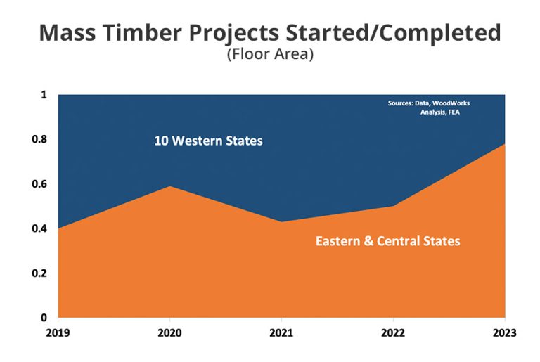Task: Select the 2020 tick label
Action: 169,332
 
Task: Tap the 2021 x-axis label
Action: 281,332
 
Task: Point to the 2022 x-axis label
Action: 393,332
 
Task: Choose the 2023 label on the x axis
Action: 504,332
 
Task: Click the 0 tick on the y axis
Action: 44,318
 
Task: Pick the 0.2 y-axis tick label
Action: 39,273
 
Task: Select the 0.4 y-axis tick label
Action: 39,228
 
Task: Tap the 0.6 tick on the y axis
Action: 39,184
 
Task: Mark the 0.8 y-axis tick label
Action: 39,139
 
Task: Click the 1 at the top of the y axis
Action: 44,95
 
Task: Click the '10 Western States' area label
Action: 208,141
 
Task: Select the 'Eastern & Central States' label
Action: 387,241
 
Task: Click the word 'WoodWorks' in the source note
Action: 451,103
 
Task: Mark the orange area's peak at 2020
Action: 169,186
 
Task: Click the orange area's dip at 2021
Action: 281,222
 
